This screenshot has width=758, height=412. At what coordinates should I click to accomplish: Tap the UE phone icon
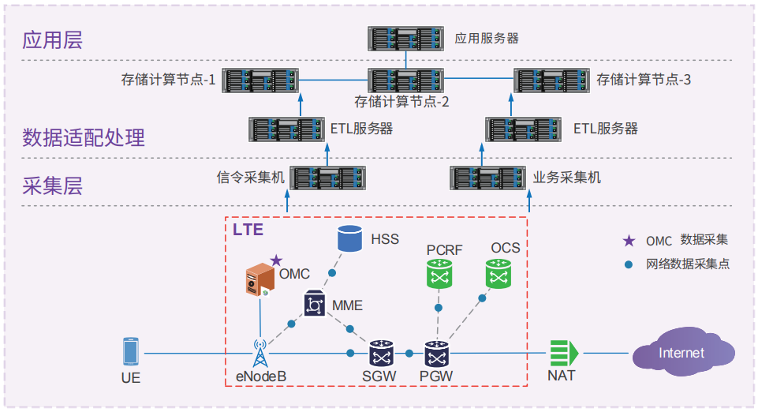pos(131,352)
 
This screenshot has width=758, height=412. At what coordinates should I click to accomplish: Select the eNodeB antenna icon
pos(260,352)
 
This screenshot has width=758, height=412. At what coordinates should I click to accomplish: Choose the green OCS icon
pos(498,274)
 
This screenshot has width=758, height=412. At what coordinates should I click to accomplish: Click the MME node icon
pos(315,304)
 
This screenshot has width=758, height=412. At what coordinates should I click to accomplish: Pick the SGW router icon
pos(382,353)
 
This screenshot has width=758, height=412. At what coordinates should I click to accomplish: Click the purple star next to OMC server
pos(276,260)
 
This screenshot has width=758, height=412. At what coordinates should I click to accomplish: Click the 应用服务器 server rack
pos(406,37)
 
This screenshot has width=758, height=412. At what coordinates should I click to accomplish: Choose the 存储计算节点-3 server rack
pos(551,80)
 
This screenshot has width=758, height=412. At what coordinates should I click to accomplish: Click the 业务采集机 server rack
pos(487,178)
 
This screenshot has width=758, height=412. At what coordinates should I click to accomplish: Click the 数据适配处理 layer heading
pos(84,137)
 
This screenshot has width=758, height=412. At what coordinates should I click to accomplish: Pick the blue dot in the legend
pos(629,264)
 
